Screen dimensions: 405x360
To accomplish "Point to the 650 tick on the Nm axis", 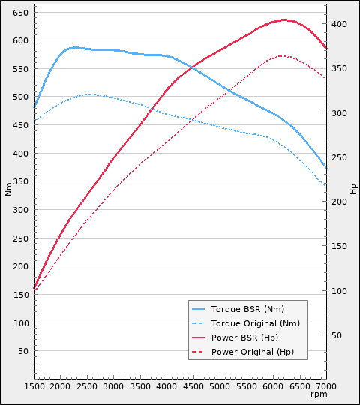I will (20, 13).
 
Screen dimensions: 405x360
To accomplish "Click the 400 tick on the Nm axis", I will (20, 154).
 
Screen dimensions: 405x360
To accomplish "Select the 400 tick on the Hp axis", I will (340, 24).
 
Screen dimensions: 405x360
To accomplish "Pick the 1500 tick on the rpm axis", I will (34, 385).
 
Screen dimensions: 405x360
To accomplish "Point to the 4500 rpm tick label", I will (193, 385).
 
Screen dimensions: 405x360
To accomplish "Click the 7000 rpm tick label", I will (325, 385).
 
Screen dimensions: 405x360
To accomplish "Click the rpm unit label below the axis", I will (319, 394).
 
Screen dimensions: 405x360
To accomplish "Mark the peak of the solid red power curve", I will (284, 19).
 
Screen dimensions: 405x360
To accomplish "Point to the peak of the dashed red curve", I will (281, 55).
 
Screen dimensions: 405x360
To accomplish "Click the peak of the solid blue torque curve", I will (74, 47).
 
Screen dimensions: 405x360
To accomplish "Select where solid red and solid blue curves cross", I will (192, 67).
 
